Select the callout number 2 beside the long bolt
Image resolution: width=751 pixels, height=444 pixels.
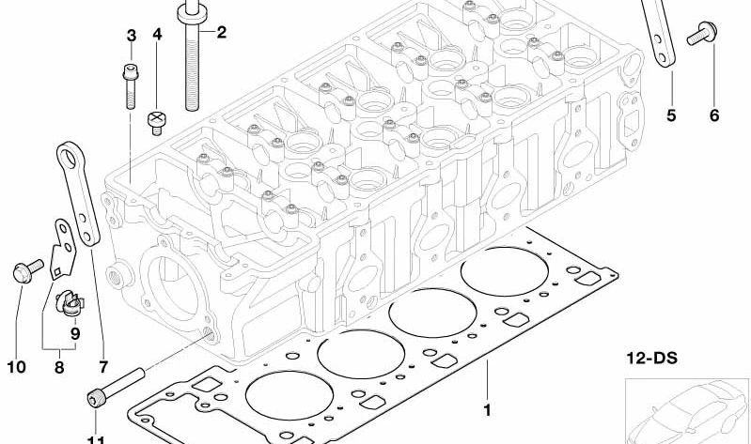pyautogui.click(x=222, y=34)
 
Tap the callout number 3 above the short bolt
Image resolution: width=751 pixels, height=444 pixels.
pyautogui.click(x=132, y=36)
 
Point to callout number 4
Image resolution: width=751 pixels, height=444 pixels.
pyautogui.click(x=157, y=36)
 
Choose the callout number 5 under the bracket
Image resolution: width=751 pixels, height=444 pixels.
pyautogui.click(x=671, y=115)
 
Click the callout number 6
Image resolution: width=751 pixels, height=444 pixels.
pyautogui.click(x=713, y=115)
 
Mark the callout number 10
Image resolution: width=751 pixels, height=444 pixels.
pyautogui.click(x=16, y=367)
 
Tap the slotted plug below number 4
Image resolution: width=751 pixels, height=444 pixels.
pyautogui.click(x=157, y=121)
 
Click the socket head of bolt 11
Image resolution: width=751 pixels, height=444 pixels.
pyautogui.click(x=95, y=401)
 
